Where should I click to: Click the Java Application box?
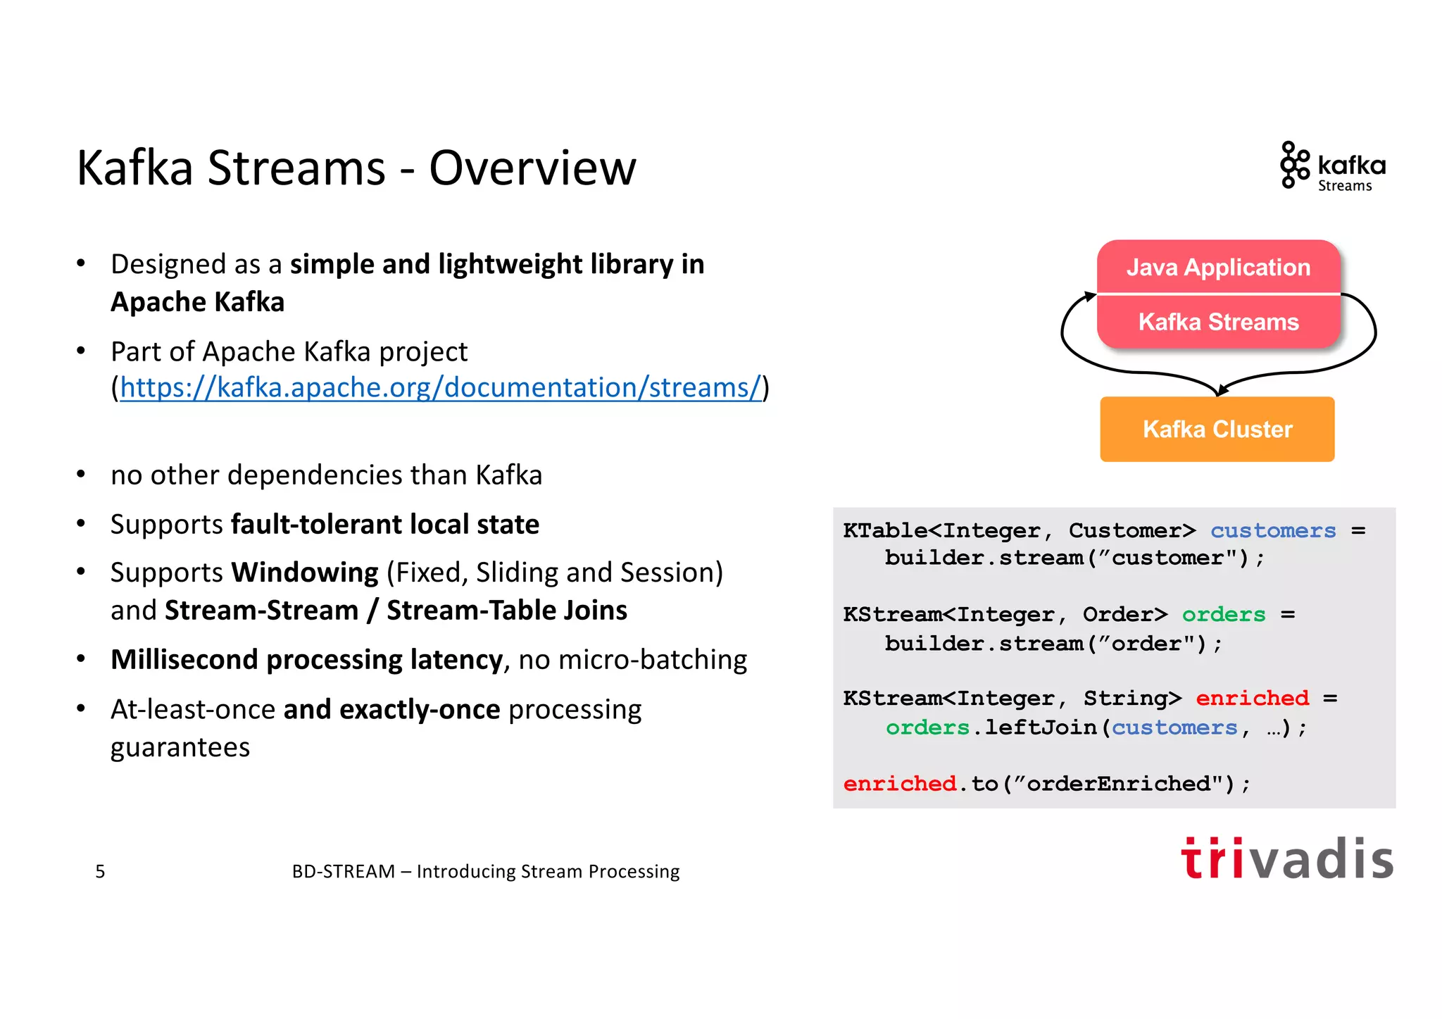pos(1218,267)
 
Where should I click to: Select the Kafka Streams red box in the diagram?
pos(1218,322)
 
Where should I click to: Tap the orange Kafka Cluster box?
pos(1217,429)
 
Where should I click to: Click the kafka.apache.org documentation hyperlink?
pos(441,387)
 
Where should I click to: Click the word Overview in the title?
pos(532,168)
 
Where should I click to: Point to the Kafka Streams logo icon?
pos(1293,165)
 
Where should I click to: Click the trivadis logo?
pos(1287,858)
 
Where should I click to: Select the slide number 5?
pos(100,871)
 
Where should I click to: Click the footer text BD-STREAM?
pos(343,871)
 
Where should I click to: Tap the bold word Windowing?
pos(304,573)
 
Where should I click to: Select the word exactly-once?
pos(420,710)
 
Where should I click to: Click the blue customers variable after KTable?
pos(1272,530)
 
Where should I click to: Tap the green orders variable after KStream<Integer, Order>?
pos(1223,614)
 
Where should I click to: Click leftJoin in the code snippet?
pos(1040,727)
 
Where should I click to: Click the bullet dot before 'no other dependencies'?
pos(81,475)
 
